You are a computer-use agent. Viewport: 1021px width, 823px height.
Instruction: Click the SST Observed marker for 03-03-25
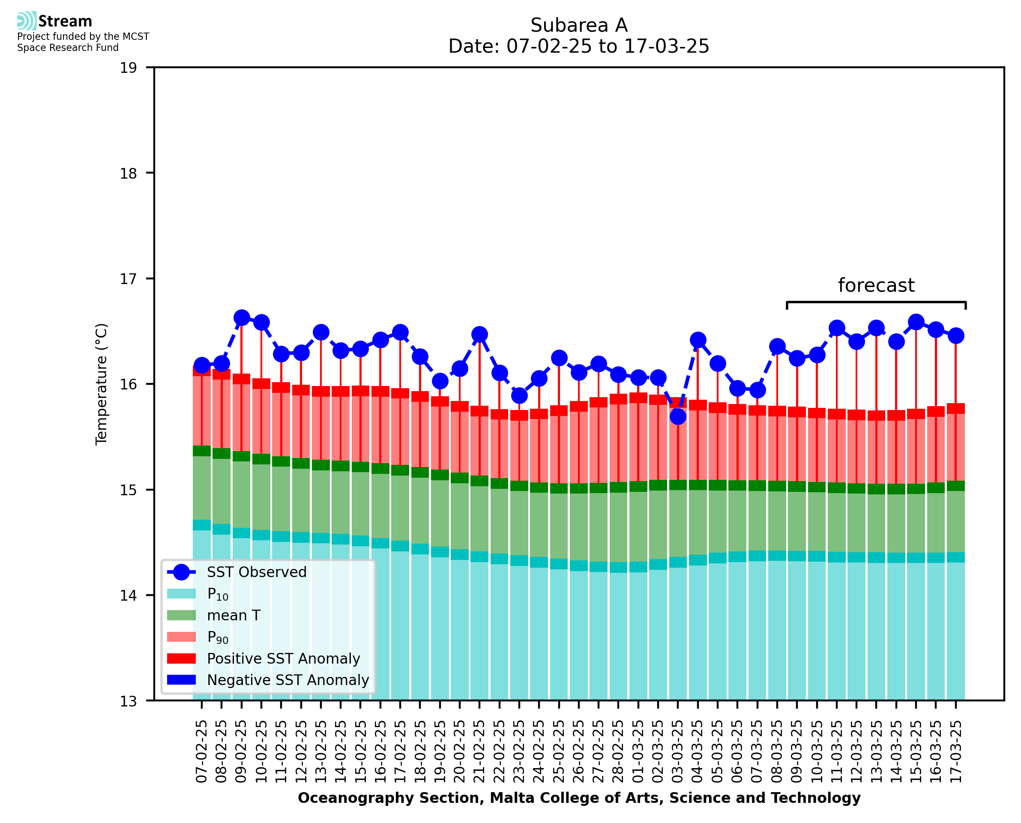coord(678,417)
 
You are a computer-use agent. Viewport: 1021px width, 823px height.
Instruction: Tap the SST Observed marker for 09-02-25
coord(242,317)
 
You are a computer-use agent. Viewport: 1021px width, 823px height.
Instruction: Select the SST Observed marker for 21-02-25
coord(480,334)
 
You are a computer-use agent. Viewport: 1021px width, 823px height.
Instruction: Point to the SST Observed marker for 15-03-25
coord(916,322)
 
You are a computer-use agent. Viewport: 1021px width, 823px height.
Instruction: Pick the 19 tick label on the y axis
coord(128,68)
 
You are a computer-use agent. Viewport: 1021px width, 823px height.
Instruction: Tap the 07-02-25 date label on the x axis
coord(202,751)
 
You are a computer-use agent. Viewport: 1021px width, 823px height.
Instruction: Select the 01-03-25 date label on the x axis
coord(638,751)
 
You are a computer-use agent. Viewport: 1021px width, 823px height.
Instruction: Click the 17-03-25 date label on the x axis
coord(955,751)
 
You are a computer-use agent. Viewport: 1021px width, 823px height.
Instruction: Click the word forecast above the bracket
coord(876,285)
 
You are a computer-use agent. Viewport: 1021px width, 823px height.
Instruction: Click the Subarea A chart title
coord(579,25)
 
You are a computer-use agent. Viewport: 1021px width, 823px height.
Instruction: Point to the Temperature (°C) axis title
coord(102,384)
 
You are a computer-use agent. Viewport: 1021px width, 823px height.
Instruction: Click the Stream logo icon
coord(27,21)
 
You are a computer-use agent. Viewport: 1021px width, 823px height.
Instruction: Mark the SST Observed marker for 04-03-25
coord(698,340)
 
